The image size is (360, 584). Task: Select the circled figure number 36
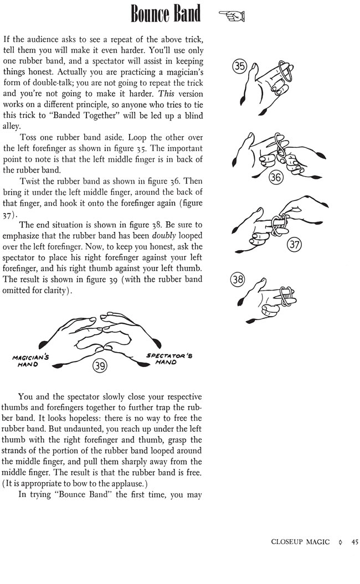[x=275, y=177]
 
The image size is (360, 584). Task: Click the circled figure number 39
[x=100, y=365]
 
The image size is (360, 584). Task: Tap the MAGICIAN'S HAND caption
[x=30, y=361]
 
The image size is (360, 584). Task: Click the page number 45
[x=354, y=542]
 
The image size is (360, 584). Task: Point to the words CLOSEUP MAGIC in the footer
[x=301, y=542]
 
